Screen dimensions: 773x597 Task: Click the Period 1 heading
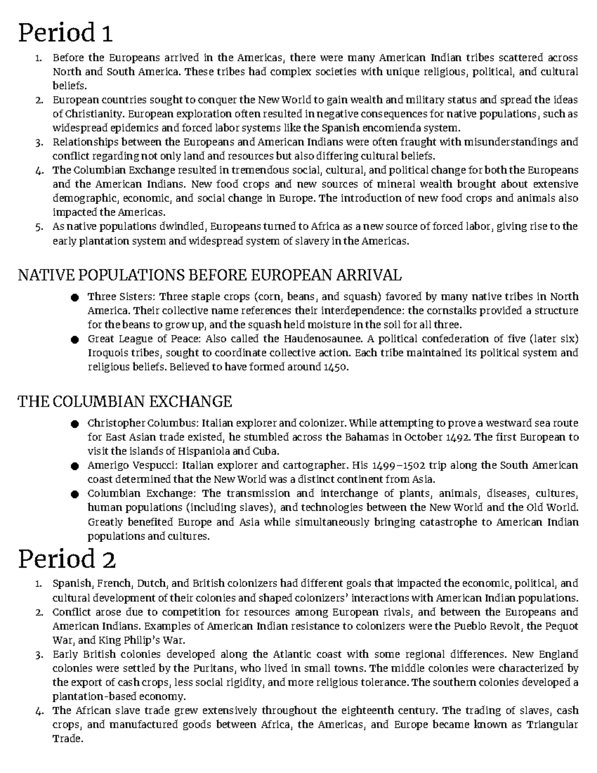pos(65,33)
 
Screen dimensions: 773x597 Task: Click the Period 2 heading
pos(67,559)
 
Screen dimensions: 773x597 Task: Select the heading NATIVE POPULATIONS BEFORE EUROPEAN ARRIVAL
pos(209,275)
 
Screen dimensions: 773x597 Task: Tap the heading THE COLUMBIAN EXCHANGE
pos(125,401)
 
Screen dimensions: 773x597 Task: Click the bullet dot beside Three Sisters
pos(75,298)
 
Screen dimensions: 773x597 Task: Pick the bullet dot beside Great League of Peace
pos(75,340)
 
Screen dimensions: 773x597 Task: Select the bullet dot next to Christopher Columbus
pos(75,424)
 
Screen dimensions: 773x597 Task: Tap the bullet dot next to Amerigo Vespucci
pos(75,466)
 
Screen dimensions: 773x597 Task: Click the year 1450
pos(336,367)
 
